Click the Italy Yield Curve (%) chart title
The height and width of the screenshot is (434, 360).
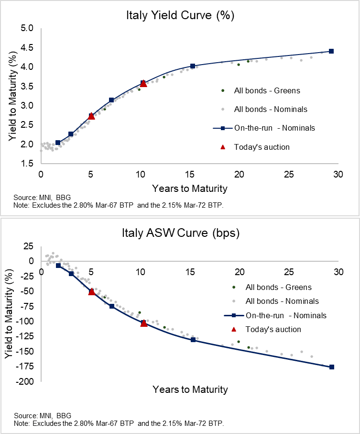pyautogui.click(x=179, y=15)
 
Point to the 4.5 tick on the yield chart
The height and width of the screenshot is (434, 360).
pyautogui.click(x=27, y=47)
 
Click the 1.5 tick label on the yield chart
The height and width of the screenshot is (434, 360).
pyautogui.click(x=27, y=163)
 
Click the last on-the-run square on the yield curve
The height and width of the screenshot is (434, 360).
pyautogui.click(x=331, y=51)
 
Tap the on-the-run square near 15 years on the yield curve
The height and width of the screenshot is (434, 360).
pyautogui.click(x=193, y=66)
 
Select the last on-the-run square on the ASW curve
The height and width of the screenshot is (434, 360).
pyautogui.click(x=332, y=367)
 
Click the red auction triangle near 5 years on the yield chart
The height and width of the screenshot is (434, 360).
pyautogui.click(x=92, y=116)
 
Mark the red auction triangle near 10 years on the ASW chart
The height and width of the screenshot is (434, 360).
pyautogui.click(x=144, y=323)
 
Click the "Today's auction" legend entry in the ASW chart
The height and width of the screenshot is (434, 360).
pyautogui.click(x=273, y=329)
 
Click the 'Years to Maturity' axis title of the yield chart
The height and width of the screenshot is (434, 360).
pyautogui.click(x=190, y=188)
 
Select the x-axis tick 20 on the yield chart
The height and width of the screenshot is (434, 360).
pyautogui.click(x=239, y=175)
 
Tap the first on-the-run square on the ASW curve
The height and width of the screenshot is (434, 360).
pyautogui.click(x=58, y=266)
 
